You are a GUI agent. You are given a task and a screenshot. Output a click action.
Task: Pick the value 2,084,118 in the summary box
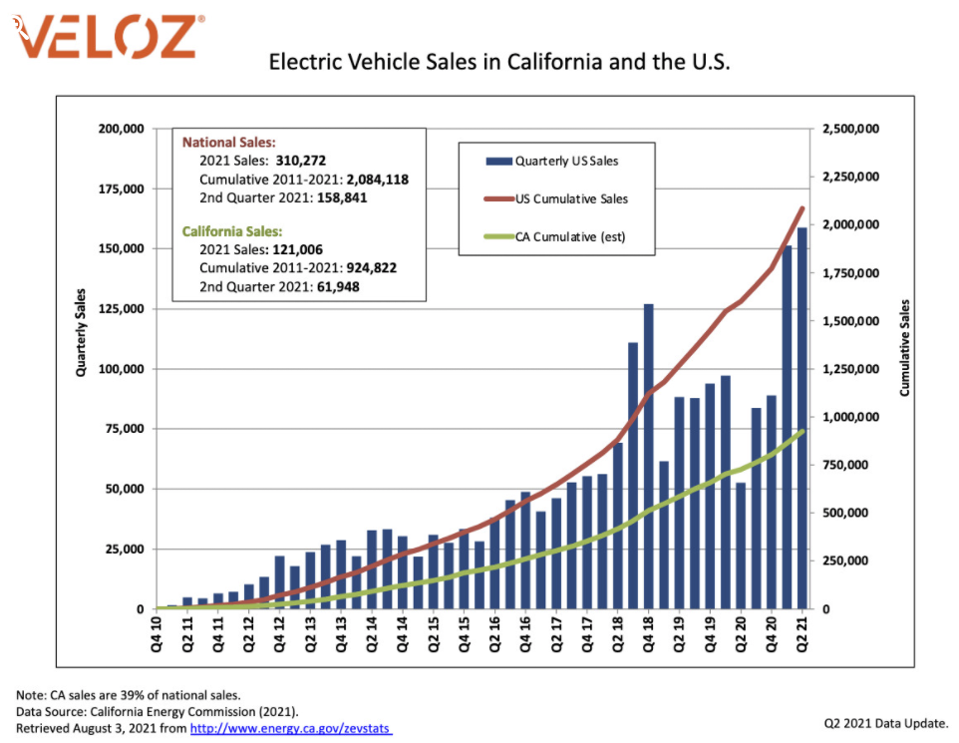[x=375, y=180]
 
